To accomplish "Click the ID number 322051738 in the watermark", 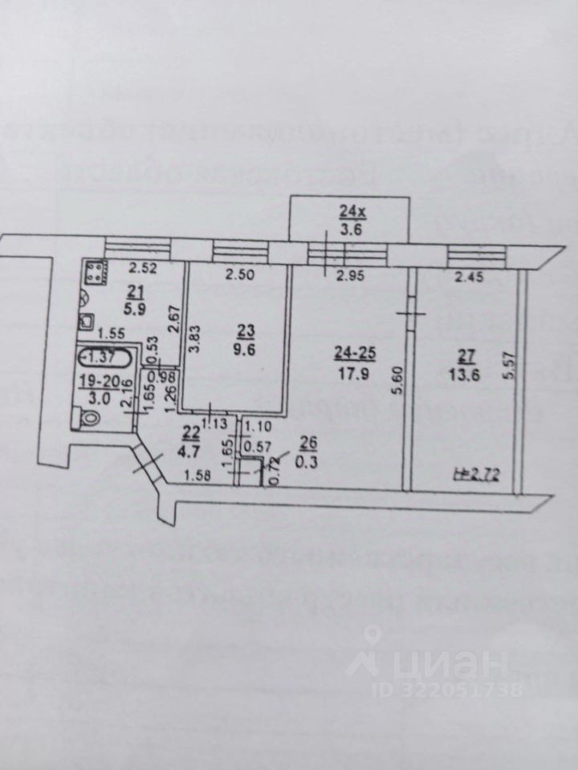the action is click(474, 689).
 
